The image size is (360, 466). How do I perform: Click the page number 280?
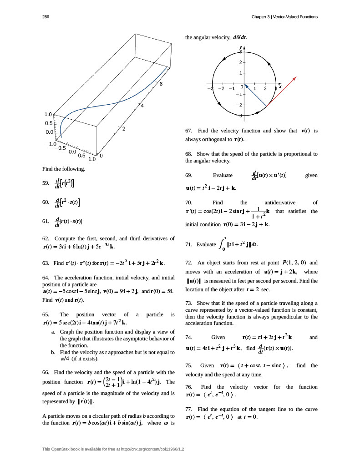(45, 17)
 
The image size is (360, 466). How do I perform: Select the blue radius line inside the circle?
(255, 95)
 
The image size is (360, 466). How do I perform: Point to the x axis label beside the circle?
(280, 86)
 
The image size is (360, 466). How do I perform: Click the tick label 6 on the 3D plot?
(161, 84)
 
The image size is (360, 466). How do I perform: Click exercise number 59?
(45, 184)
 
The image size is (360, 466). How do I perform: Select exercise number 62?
(45, 238)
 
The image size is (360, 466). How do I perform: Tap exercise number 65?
(45, 314)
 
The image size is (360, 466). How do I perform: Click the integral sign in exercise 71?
(222, 244)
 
